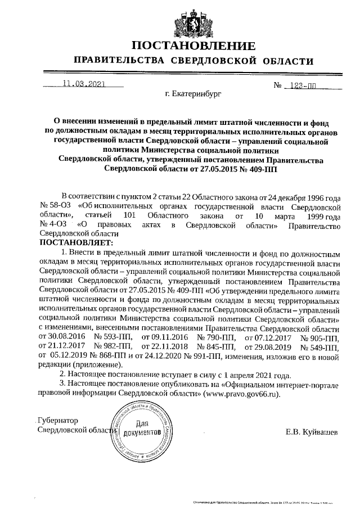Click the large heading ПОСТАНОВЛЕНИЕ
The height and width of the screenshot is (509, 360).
pos(193,46)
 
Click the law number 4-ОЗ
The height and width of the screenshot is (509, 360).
pos(55,225)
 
